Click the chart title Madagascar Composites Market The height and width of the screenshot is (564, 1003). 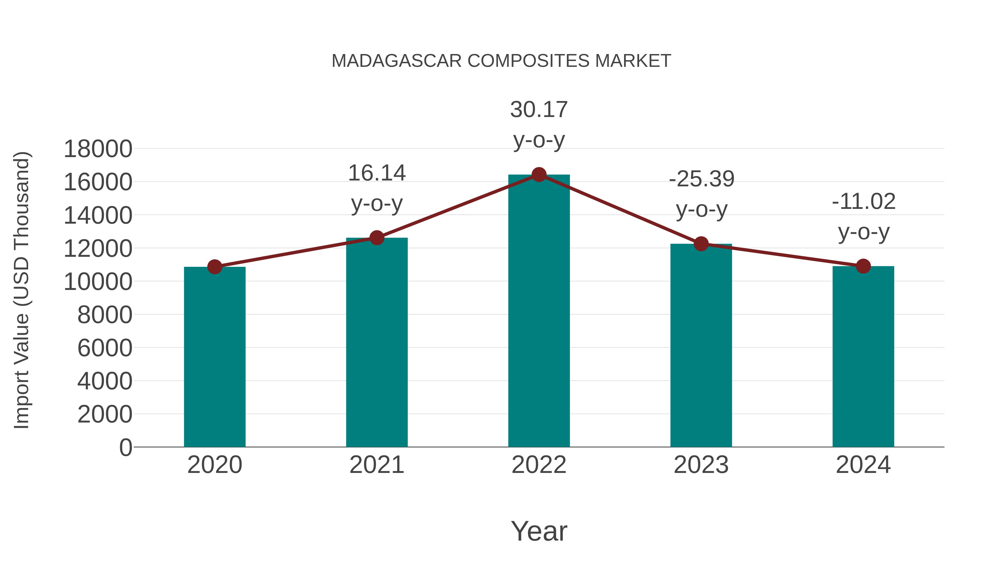[501, 61]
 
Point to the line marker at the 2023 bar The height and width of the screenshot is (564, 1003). [701, 244]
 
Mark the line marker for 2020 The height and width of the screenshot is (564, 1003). [215, 267]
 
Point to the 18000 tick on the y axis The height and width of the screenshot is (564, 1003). [98, 149]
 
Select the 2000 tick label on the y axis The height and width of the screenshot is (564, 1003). [105, 414]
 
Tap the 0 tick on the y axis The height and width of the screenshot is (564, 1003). [125, 447]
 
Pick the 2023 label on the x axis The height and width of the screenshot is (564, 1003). [701, 465]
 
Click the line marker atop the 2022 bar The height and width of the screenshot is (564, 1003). [539, 175]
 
